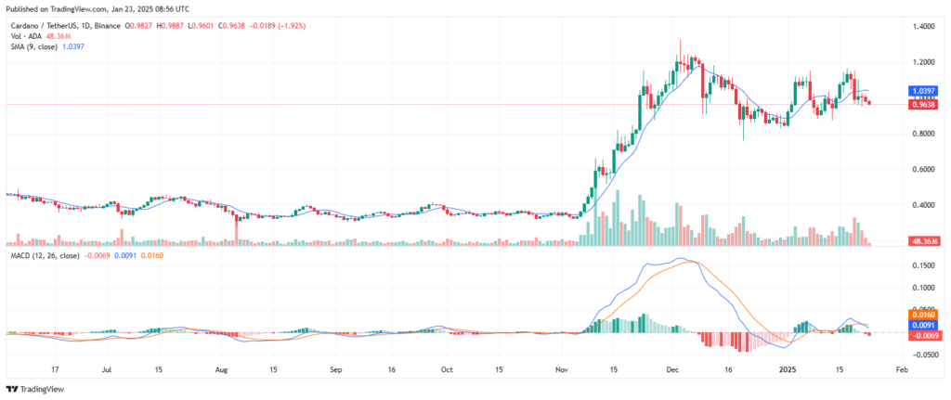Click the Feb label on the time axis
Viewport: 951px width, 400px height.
[x=900, y=368]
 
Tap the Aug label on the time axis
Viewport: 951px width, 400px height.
[x=221, y=368]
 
